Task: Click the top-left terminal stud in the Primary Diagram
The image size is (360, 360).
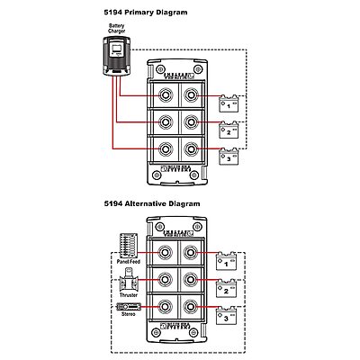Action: (x=165, y=95)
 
